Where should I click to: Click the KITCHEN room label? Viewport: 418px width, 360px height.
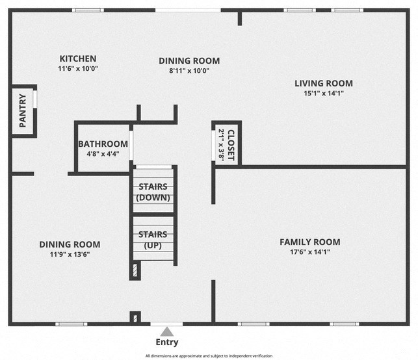coord(78,58)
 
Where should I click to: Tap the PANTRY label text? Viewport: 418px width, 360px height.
coord(23,111)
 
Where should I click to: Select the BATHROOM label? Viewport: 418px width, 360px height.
coord(103,144)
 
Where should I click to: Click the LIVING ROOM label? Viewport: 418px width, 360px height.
coord(323,83)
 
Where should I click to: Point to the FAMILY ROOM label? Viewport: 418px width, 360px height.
coord(309,242)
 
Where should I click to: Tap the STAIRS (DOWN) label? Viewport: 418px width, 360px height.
coord(153,192)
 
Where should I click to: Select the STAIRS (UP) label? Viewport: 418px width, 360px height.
coord(153,240)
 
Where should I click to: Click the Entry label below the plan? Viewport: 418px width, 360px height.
coord(166,342)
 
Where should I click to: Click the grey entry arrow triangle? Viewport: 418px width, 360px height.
coord(167,331)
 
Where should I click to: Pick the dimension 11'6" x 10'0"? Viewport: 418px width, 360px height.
coord(78,68)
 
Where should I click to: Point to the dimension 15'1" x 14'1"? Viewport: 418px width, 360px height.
coord(323,93)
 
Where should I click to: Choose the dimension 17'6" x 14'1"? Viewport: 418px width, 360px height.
coord(309,252)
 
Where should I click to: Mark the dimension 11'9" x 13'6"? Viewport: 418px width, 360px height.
coord(70,255)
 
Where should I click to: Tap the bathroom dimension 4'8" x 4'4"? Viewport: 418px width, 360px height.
coord(103,154)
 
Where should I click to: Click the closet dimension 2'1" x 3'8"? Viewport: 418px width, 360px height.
coord(221,144)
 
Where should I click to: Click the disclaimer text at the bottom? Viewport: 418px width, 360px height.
coord(209,356)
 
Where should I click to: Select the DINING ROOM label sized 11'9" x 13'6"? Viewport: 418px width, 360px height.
coord(70,244)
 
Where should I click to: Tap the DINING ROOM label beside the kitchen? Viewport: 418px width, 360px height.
coord(189,60)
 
